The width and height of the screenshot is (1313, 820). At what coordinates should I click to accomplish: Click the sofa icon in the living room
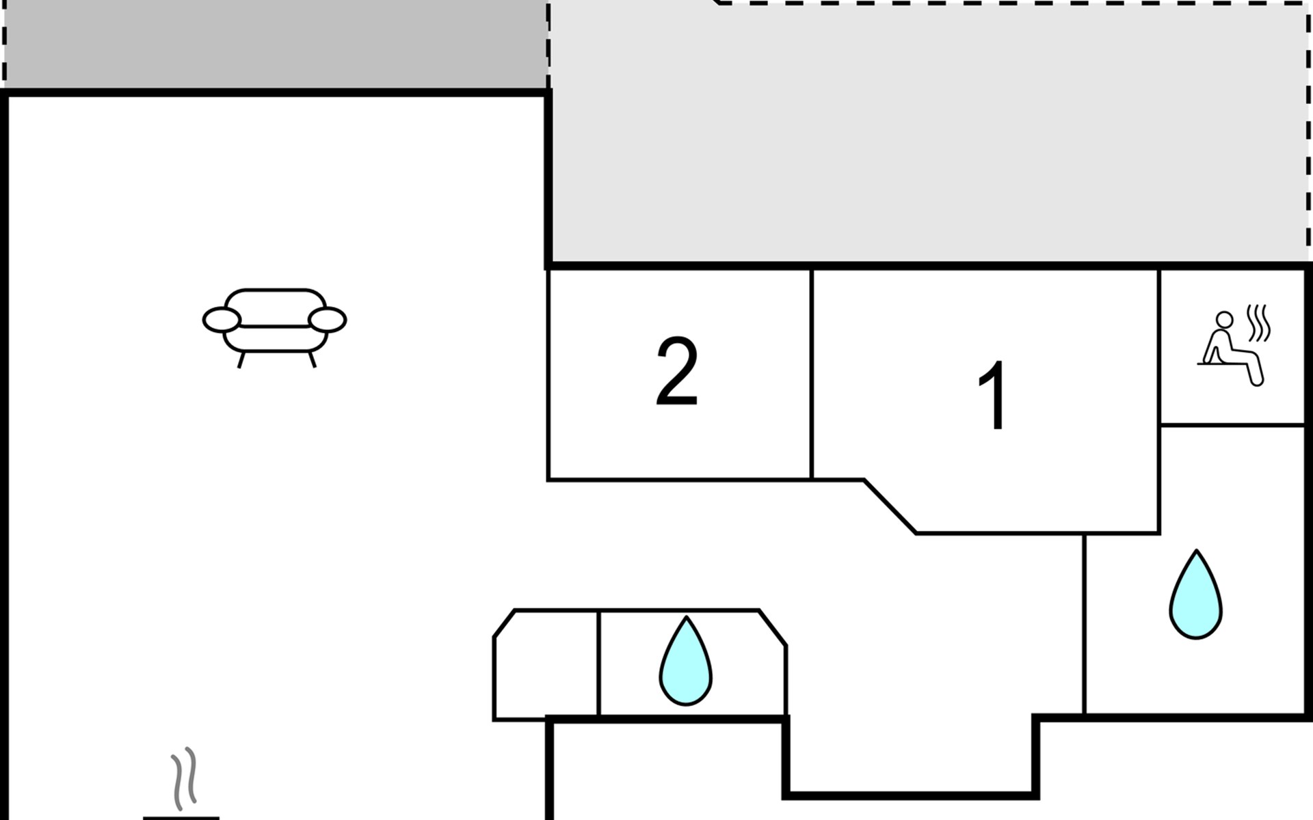[x=274, y=327]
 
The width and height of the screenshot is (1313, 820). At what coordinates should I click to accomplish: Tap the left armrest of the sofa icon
[x=222, y=320]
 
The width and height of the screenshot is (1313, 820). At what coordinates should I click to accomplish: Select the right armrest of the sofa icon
[x=328, y=320]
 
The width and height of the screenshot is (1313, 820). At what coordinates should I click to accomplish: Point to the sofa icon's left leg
[x=241, y=360]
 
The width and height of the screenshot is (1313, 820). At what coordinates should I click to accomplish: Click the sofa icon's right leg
[x=312, y=360]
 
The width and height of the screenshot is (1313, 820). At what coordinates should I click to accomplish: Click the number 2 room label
[x=677, y=372]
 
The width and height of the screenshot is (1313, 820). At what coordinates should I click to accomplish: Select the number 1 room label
[x=993, y=396]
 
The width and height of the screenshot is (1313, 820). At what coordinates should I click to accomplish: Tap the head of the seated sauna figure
[x=1224, y=320]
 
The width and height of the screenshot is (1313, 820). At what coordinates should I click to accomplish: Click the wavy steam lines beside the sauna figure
[x=1258, y=323]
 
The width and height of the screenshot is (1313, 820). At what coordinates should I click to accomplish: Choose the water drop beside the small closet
[x=685, y=661]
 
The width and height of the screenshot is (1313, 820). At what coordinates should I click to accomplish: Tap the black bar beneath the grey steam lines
[x=181, y=817]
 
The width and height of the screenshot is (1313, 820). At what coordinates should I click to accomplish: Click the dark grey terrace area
[x=274, y=44]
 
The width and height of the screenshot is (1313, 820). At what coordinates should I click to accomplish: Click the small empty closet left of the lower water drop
[x=546, y=665]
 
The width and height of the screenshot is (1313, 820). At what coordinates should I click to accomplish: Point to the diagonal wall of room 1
[x=890, y=506]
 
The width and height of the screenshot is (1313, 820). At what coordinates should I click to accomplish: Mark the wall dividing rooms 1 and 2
[x=812, y=374]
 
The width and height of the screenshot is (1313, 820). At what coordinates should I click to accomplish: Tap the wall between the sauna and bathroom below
[x=1232, y=425]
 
